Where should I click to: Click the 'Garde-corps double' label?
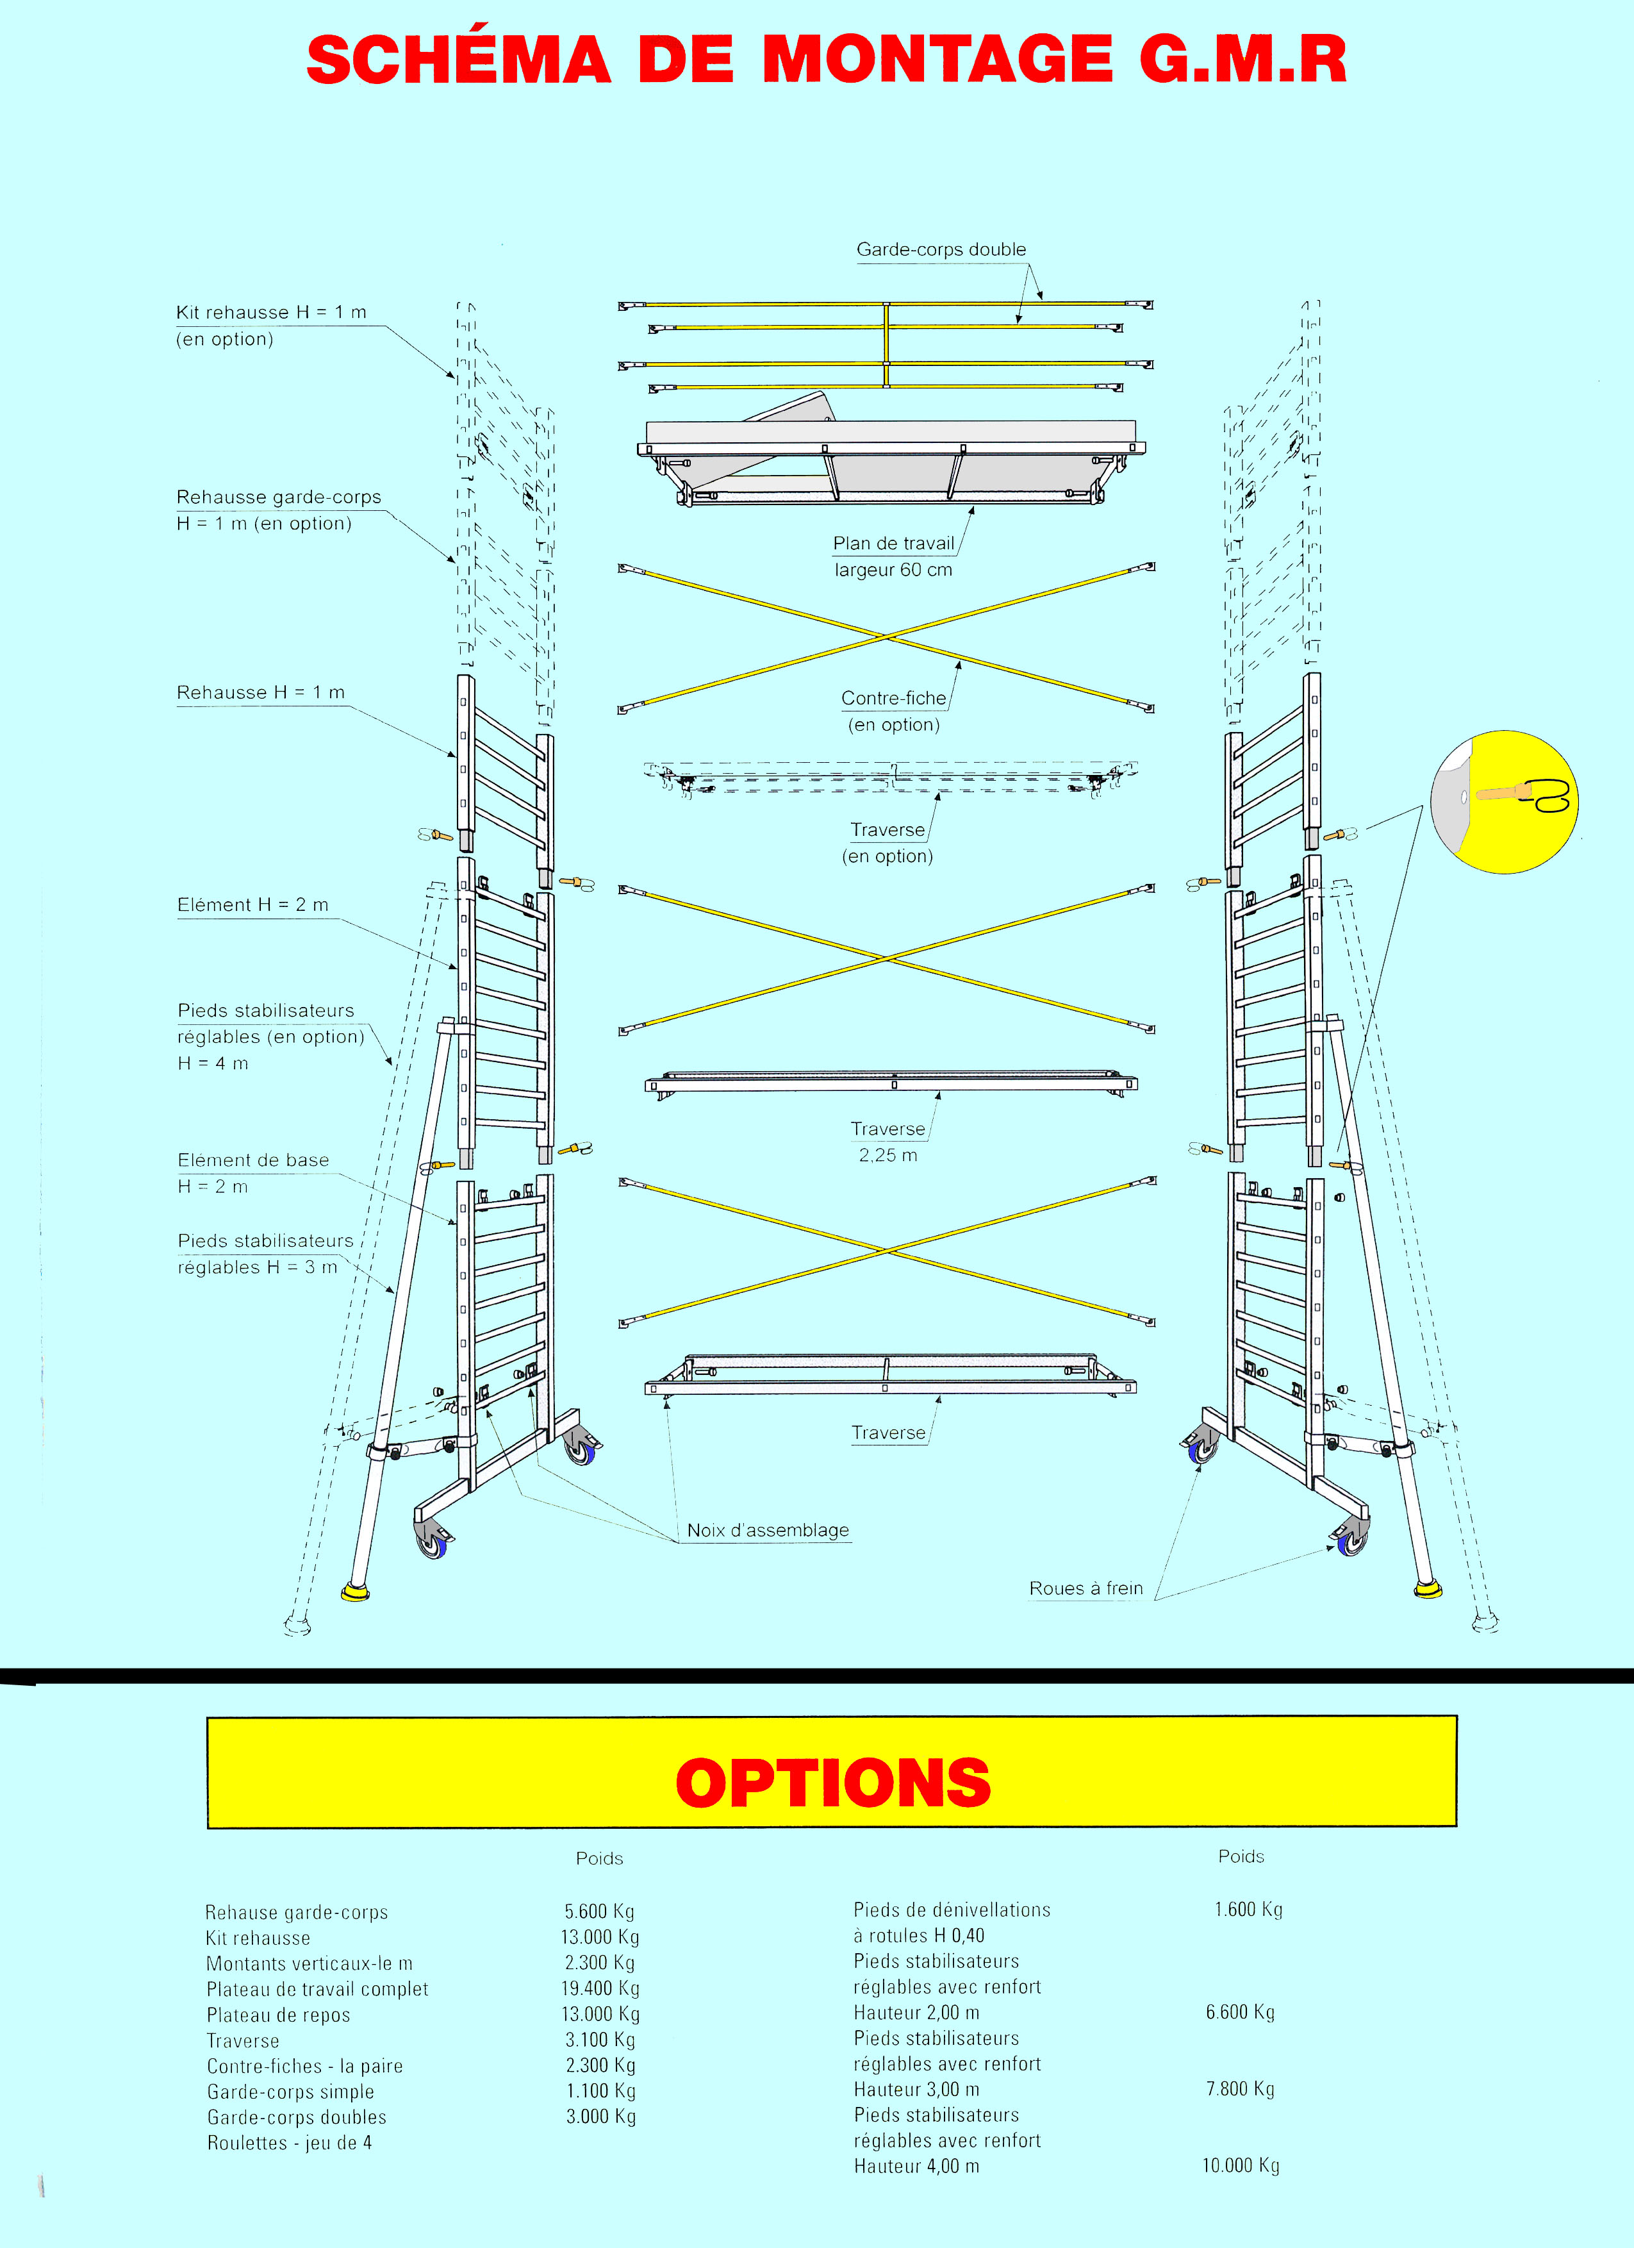(941, 250)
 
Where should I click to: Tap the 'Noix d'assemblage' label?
(767, 1529)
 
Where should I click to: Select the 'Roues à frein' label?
(1085, 1588)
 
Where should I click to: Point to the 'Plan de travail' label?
(893, 543)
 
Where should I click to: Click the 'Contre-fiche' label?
(893, 698)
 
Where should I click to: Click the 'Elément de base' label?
(252, 1160)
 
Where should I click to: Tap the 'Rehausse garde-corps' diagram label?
(279, 497)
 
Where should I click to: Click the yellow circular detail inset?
(1503, 802)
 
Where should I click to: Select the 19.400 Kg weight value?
(600, 1988)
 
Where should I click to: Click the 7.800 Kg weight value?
(1240, 2088)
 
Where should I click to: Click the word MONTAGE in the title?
(936, 60)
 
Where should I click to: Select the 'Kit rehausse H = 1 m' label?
(270, 312)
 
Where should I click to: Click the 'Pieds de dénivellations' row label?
(952, 1909)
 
